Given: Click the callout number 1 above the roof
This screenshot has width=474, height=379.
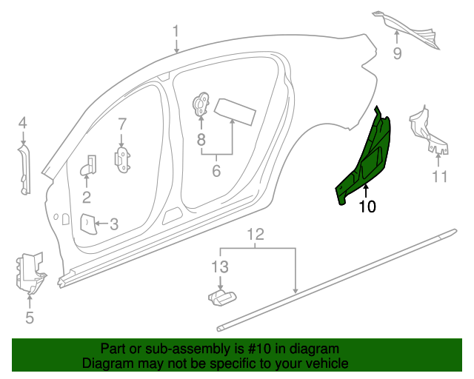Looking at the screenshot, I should point(176,31).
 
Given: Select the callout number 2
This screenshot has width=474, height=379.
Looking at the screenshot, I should point(87,197).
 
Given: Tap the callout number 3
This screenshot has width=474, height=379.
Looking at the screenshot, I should point(113,223).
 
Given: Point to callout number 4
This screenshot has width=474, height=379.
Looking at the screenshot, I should point(23,123).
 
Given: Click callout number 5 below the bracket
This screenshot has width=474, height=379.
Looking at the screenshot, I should point(30,318).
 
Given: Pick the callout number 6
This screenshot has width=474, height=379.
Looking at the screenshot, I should point(216,171).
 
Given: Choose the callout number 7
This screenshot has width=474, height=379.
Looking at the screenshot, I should point(122,124).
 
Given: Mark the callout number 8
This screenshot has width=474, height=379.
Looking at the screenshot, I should point(201,138).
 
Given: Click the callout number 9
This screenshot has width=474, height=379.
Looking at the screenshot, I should point(397,53).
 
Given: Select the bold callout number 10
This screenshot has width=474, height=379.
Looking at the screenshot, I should point(367,207).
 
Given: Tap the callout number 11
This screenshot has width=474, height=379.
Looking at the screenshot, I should point(441,176).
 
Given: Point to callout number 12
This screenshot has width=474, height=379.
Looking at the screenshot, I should point(255,235).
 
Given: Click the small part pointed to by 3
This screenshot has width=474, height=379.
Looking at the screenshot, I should point(87,222).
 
